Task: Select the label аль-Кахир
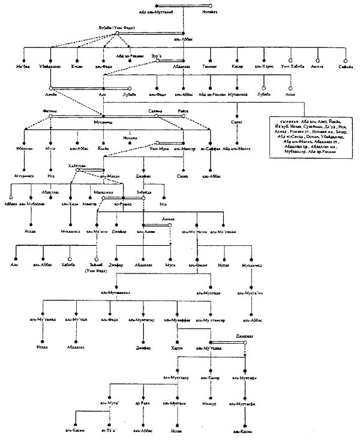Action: coord(210,378)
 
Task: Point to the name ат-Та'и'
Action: coord(109,430)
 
